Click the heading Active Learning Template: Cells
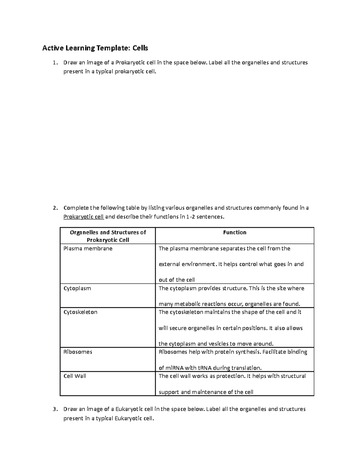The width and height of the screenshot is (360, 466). click(95, 48)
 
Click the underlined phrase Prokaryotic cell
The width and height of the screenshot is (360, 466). click(84, 217)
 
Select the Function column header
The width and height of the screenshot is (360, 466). click(235, 233)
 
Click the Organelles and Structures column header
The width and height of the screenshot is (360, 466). click(108, 236)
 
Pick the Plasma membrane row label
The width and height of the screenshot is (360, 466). click(88, 248)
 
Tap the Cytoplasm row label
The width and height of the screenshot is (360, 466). click(77, 288)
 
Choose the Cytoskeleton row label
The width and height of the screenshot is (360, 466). click(80, 312)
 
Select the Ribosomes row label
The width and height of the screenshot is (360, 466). click(78, 352)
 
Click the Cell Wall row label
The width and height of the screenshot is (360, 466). click(75, 376)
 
